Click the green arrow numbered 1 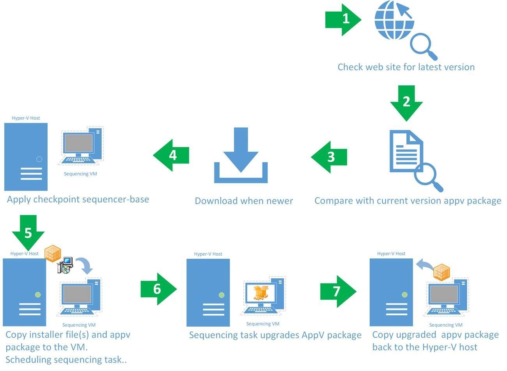(x=343, y=19)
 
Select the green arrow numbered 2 (x=406, y=102)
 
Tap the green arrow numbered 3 (x=330, y=157)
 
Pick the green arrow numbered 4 (x=172, y=155)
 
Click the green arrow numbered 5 (x=28, y=232)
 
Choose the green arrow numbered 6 (x=158, y=289)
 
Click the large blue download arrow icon (x=241, y=156)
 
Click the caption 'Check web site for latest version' (x=406, y=67)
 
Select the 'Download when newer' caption (x=244, y=201)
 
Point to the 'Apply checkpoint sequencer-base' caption (x=78, y=200)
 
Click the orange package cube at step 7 (x=442, y=272)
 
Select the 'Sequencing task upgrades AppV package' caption (x=275, y=335)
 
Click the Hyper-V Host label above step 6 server (x=208, y=254)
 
